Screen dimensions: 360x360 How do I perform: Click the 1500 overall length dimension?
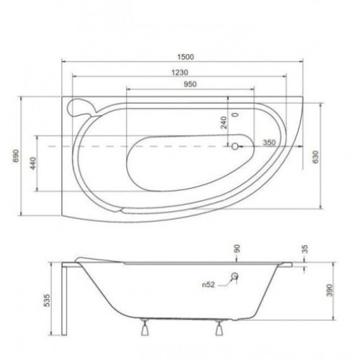coord(186,57)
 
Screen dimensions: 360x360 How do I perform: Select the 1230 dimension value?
coord(180,72)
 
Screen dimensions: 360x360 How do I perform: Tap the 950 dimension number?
coord(190,84)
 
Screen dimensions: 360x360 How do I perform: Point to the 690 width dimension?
coord(16,156)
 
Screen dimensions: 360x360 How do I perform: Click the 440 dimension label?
coord(33,163)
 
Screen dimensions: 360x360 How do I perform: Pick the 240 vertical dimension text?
coord(224,122)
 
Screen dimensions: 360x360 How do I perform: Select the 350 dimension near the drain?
coord(269,143)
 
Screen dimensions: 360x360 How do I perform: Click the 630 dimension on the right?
coord(315,157)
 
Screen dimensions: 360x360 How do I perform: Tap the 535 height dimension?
coord(48,300)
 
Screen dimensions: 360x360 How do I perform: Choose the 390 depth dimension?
coord(330,290)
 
